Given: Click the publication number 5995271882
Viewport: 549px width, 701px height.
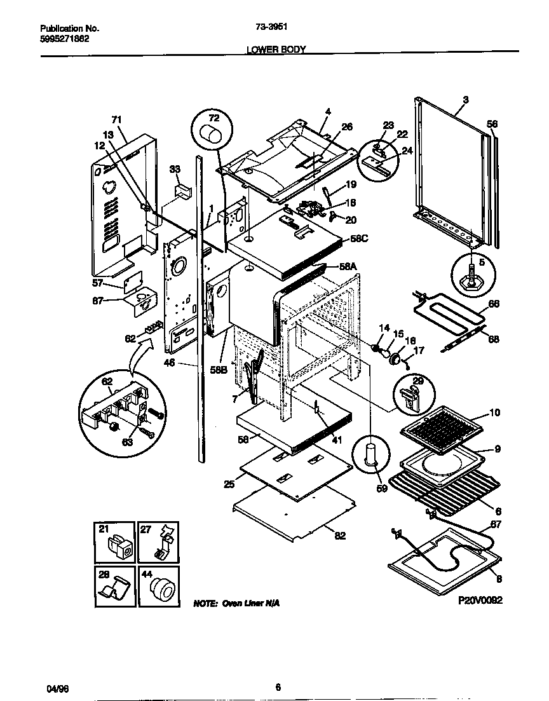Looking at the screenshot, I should (x=64, y=38).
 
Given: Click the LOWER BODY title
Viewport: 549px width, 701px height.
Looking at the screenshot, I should (x=276, y=48).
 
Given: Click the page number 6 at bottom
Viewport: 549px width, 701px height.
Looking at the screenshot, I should (x=278, y=686).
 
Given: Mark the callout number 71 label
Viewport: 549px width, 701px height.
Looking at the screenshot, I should (x=116, y=119).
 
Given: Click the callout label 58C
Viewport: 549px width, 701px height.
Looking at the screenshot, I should (x=360, y=239).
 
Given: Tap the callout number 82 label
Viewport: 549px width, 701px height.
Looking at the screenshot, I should (x=340, y=536).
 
